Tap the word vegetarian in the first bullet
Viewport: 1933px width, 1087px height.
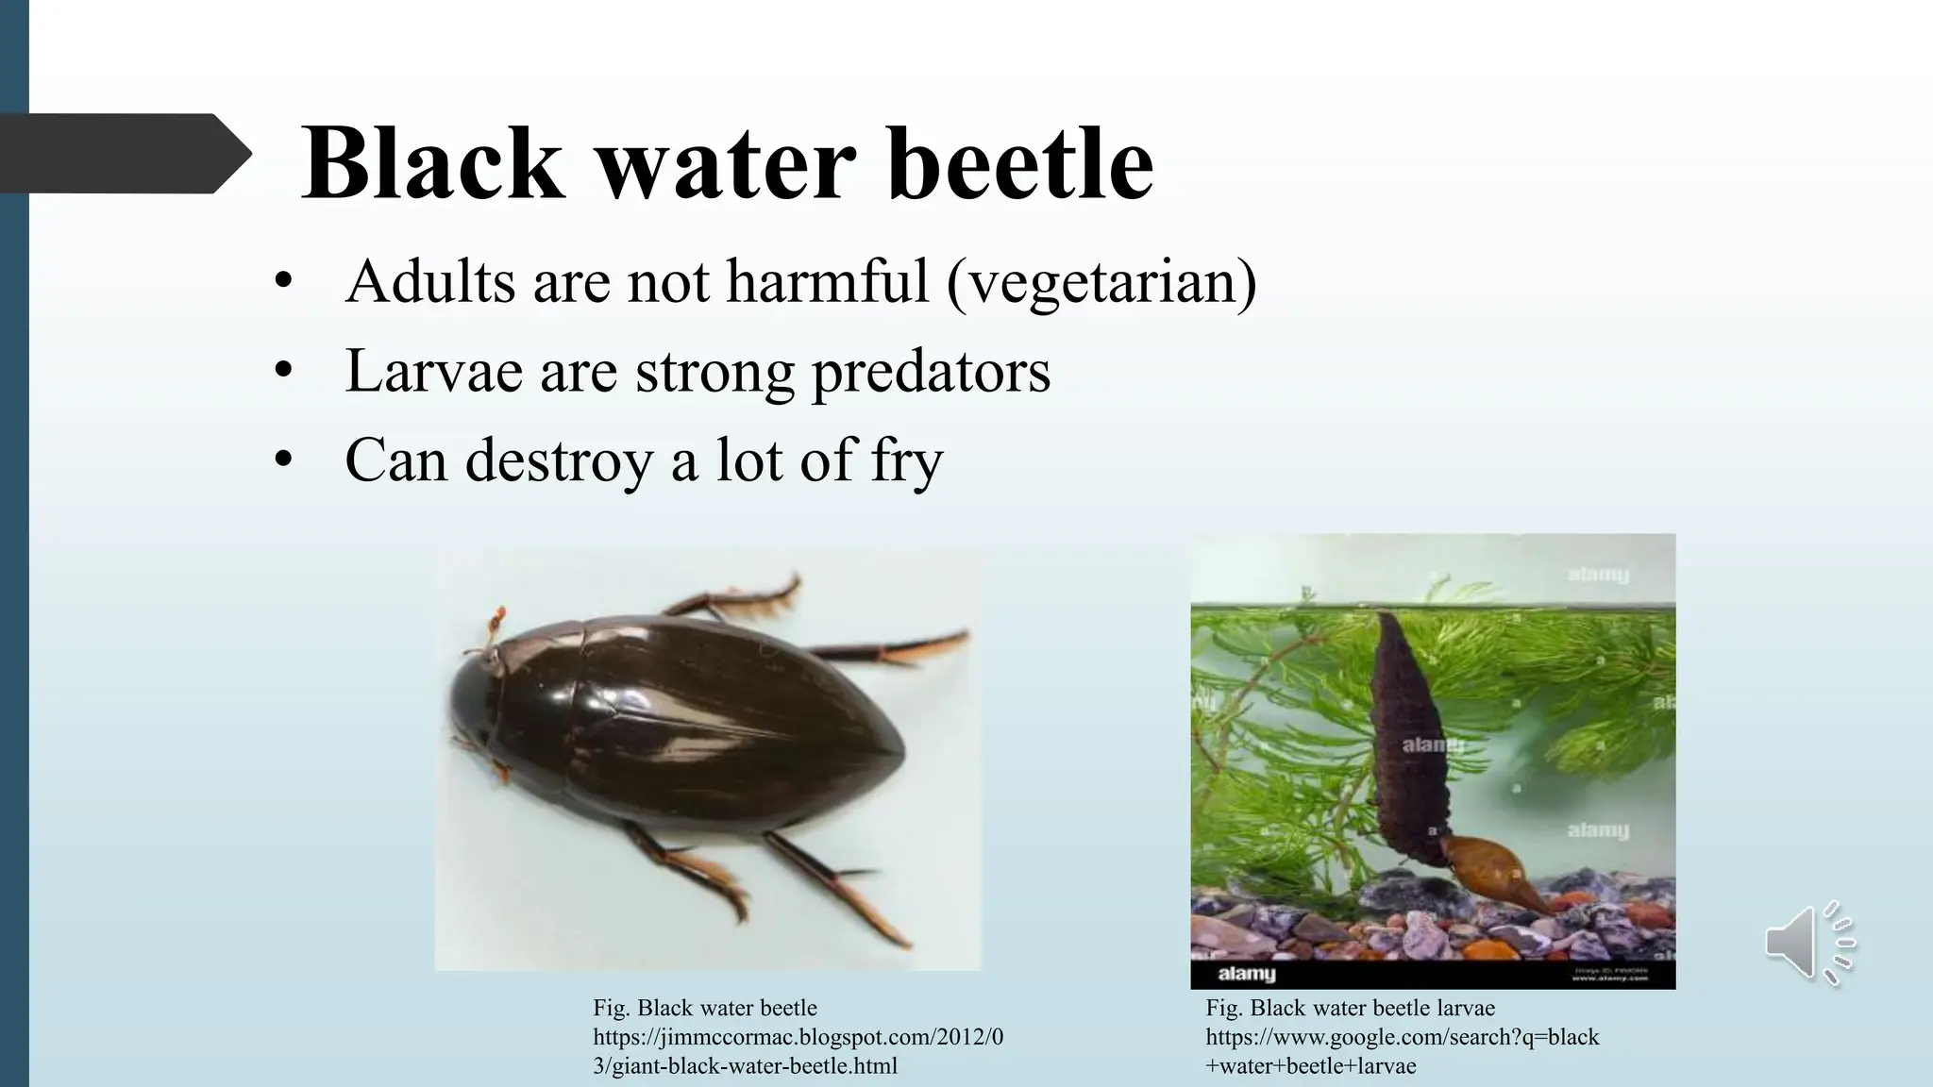tap(1101, 283)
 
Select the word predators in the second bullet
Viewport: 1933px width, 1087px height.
tap(931, 371)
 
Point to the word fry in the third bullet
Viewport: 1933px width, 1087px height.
tap(906, 461)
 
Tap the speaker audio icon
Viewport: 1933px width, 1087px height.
tap(1807, 943)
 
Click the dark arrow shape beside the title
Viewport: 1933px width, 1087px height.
tap(123, 153)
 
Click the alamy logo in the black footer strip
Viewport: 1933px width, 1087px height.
tap(1246, 974)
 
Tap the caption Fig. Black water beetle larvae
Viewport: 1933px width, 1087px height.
tap(1350, 1008)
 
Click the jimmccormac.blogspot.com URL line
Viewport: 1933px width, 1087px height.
tap(798, 1037)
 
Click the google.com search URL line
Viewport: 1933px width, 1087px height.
tap(1402, 1037)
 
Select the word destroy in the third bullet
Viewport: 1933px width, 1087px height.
tap(559, 461)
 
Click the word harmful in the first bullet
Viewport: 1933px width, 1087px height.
tap(827, 282)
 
